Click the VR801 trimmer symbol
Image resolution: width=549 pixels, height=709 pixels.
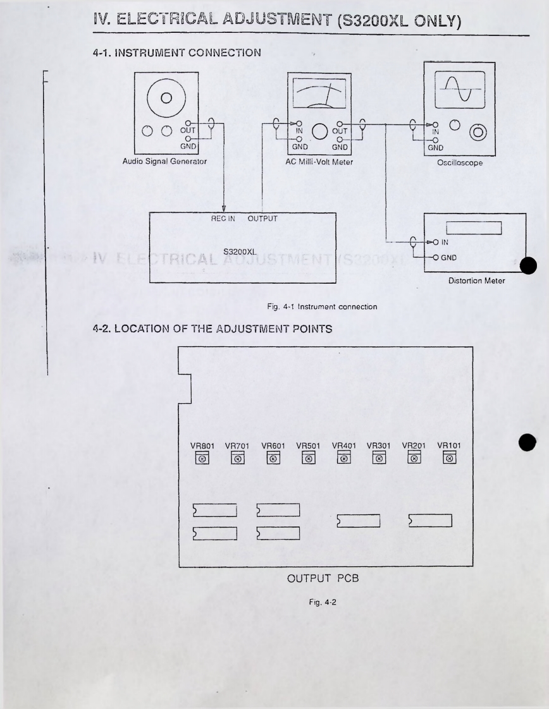pyautogui.click(x=202, y=458)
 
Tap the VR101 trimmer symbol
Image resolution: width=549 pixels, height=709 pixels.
pyautogui.click(x=449, y=458)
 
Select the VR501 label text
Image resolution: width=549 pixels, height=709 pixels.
pyautogui.click(x=308, y=445)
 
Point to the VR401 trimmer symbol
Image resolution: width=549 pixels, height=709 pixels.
pyautogui.click(x=343, y=458)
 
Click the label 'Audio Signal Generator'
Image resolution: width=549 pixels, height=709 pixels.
pyautogui.click(x=166, y=162)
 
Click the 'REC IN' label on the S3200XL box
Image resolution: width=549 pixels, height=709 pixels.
pyautogui.click(x=223, y=219)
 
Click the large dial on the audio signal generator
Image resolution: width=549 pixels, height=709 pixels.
pyautogui.click(x=166, y=98)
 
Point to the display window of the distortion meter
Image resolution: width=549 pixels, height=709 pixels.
pyautogui.click(x=474, y=227)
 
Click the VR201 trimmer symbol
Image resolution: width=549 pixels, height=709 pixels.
pyautogui.click(x=414, y=458)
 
